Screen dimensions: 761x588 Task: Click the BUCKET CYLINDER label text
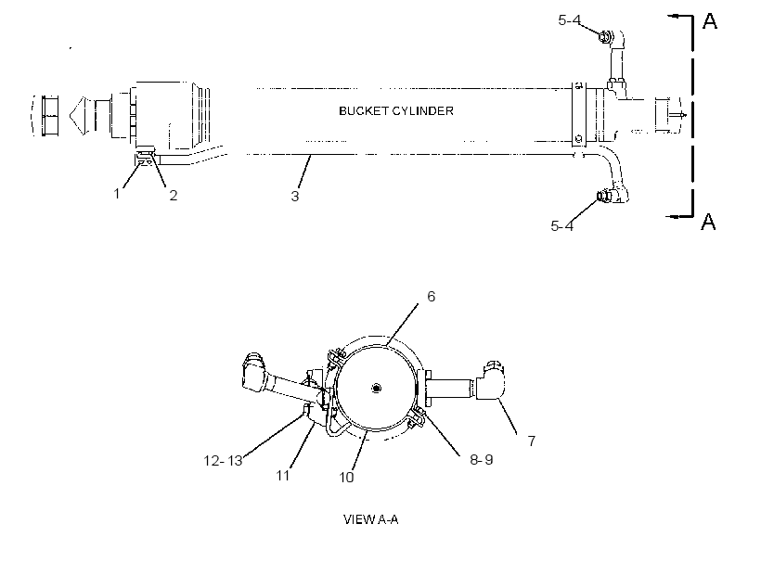coord(396,111)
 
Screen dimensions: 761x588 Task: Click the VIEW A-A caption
coord(371,519)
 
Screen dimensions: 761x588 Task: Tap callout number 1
coord(117,194)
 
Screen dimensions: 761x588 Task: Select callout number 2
coord(174,196)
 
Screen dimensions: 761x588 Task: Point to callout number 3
coord(294,197)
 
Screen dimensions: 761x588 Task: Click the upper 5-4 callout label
coord(569,20)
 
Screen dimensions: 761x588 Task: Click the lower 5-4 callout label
coord(562,226)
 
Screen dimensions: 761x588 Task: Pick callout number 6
coord(431,297)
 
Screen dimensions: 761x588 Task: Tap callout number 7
coord(532,441)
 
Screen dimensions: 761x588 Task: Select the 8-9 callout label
coord(482,459)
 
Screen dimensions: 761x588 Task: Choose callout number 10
coord(346,478)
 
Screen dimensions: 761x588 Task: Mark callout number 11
coord(283,475)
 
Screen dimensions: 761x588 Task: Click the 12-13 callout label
coord(223,460)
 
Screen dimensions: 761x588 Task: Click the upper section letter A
coord(710,21)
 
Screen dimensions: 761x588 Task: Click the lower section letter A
coord(709,222)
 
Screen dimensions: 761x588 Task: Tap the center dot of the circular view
coord(376,388)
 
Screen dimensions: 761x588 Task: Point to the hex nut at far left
coord(50,116)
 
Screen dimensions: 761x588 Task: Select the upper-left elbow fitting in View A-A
coord(254,372)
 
